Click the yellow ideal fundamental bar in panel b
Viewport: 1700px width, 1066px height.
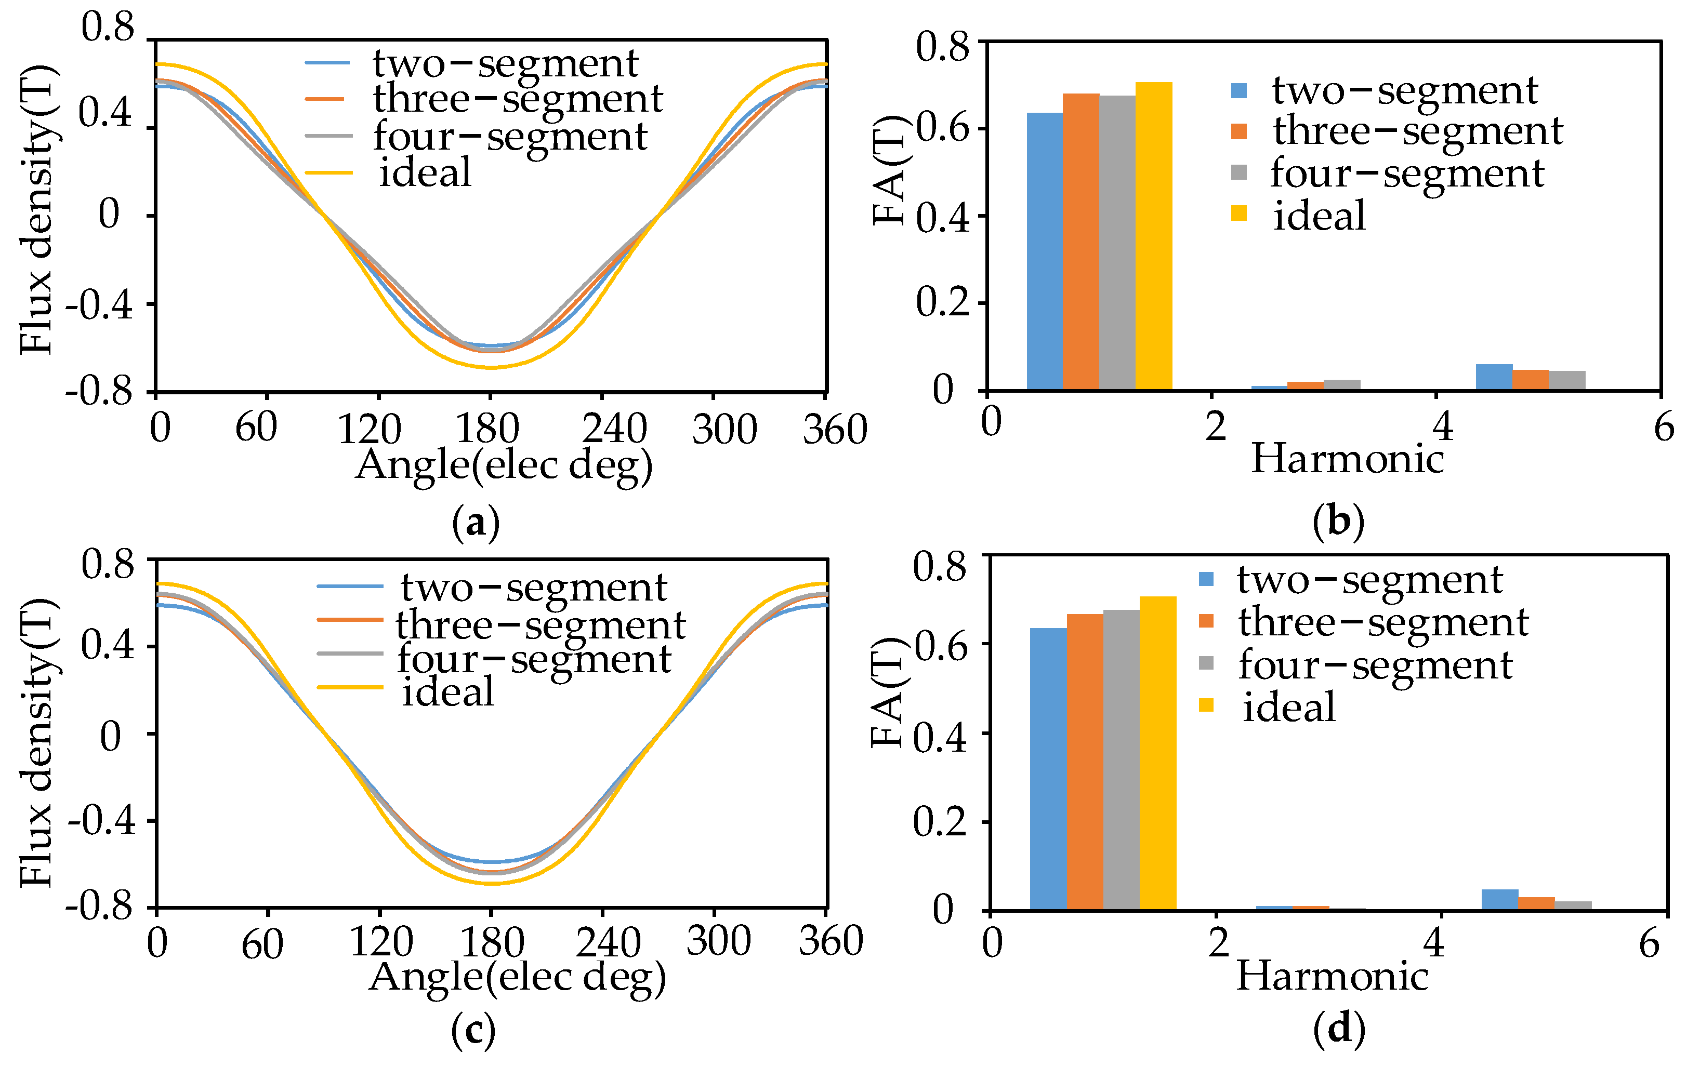[1154, 236]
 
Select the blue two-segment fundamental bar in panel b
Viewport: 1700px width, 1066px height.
[1044, 251]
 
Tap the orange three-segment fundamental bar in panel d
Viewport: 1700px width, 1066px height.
[1085, 762]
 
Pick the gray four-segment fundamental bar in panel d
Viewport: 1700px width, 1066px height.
[1121, 759]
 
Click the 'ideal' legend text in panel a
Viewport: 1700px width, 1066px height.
[425, 172]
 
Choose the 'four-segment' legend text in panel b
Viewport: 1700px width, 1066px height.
[1407, 174]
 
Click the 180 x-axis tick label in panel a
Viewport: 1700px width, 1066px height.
[487, 428]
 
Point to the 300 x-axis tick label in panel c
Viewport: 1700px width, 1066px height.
[718, 940]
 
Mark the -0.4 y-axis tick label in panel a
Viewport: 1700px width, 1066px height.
[99, 306]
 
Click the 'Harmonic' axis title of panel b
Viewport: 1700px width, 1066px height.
[1347, 459]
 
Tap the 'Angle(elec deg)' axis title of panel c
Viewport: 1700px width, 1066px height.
[518, 979]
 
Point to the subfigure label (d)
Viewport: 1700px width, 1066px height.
[1339, 1029]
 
